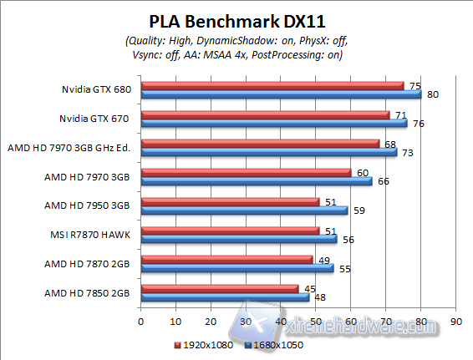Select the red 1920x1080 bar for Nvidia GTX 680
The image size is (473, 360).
coord(272,85)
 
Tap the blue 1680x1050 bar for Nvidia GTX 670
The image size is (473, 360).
coord(273,123)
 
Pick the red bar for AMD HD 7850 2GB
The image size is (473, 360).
coord(219,288)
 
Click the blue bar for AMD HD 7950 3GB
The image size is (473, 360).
coord(244,210)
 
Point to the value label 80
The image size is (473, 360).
coord(432,94)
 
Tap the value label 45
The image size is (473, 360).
coord(308,289)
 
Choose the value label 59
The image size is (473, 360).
coord(358,210)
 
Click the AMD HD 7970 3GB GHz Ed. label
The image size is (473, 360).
coord(70,147)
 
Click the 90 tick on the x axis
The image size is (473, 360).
coord(455,320)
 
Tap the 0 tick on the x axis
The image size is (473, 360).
coord(140,320)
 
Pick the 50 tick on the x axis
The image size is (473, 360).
coord(315,320)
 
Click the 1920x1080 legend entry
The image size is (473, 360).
coord(202,344)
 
